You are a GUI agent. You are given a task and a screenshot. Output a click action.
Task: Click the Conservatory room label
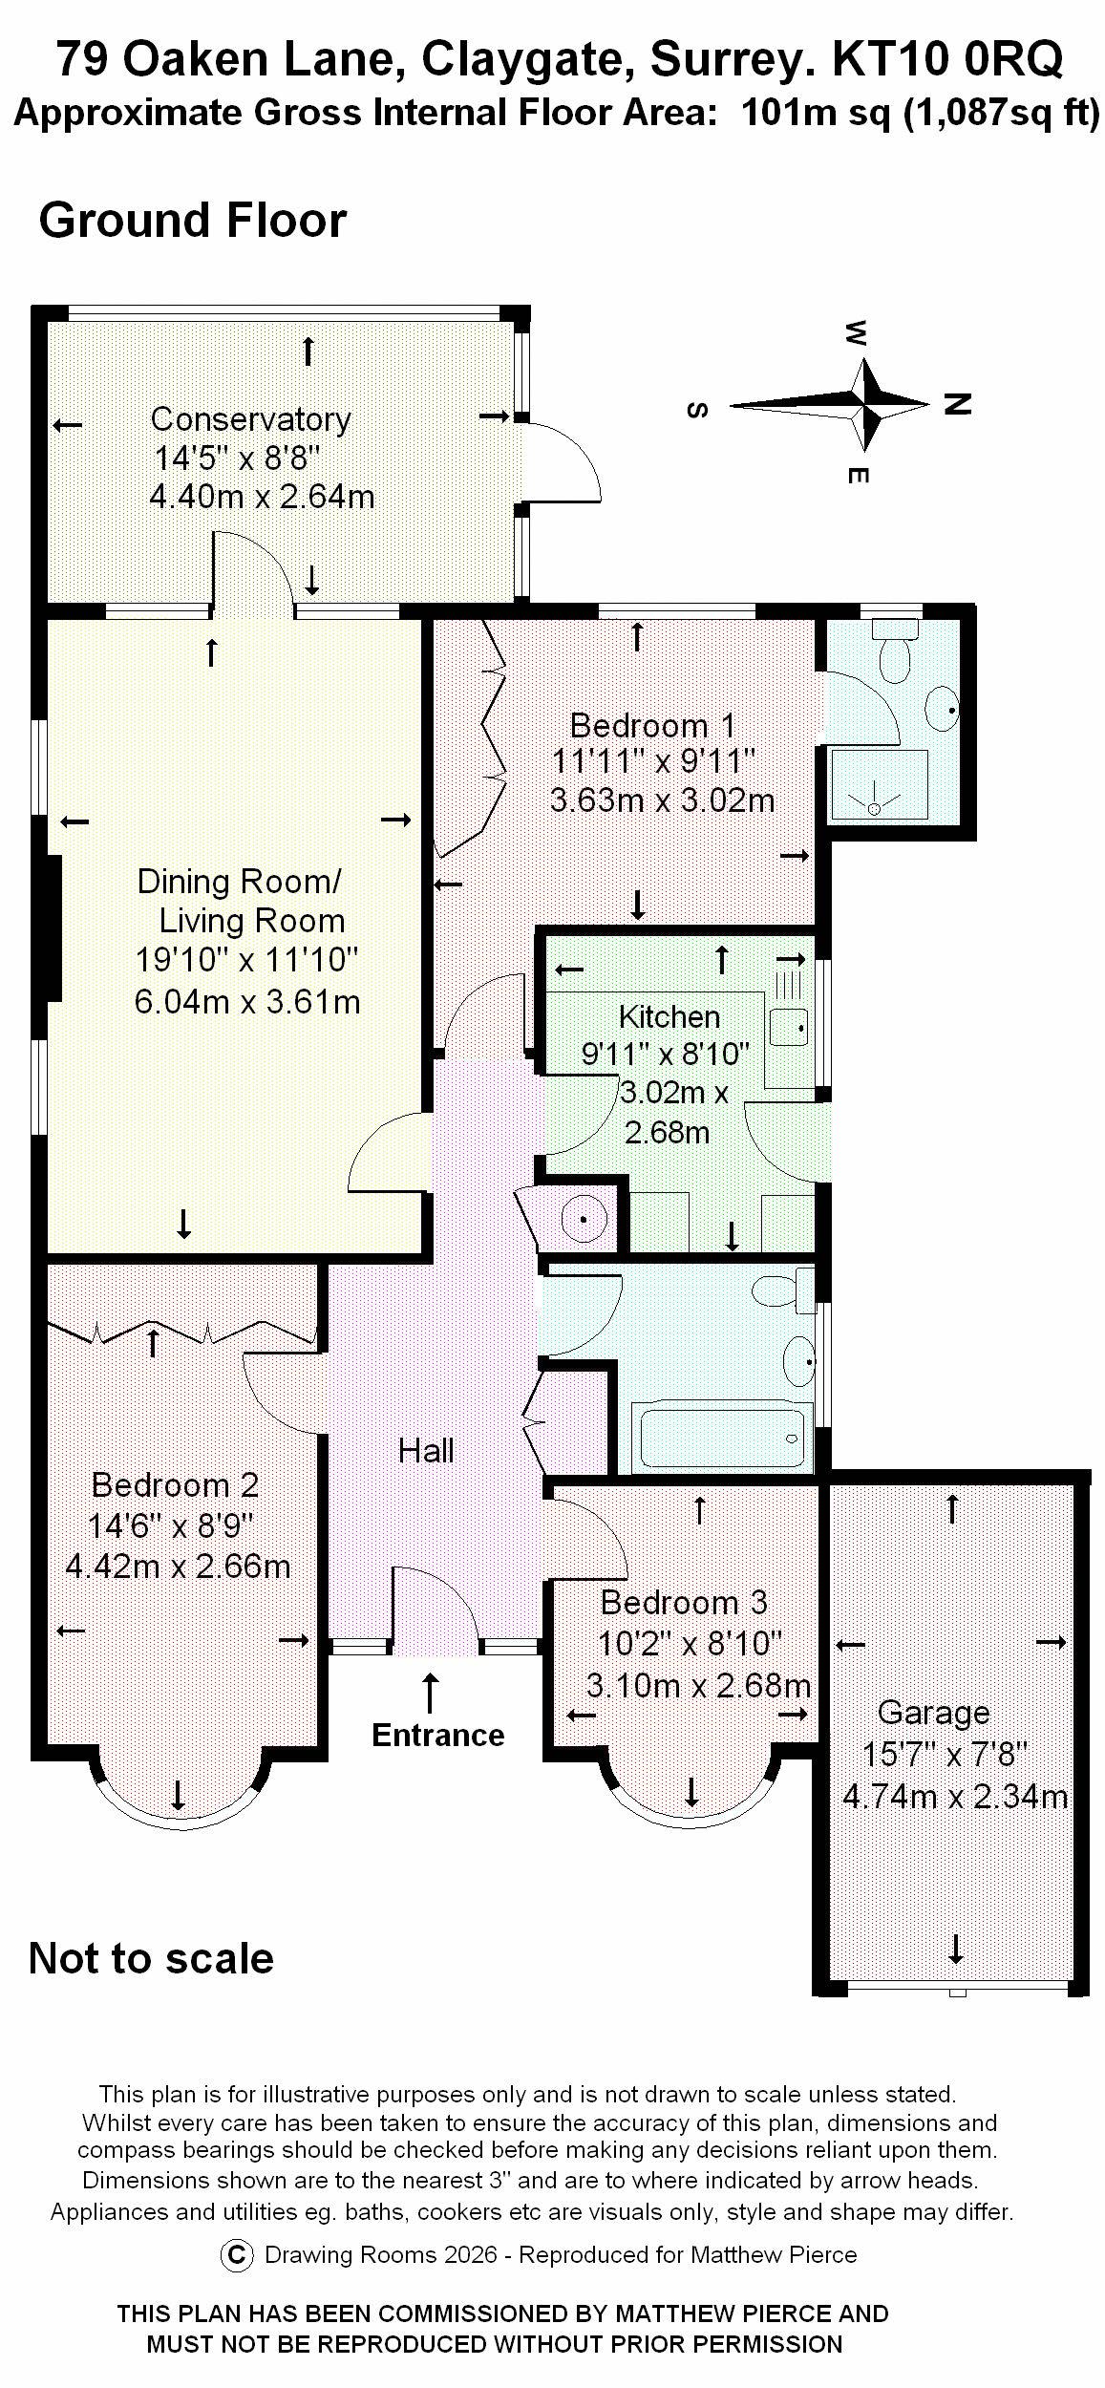point(250,418)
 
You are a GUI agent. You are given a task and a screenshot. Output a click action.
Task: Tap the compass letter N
point(957,403)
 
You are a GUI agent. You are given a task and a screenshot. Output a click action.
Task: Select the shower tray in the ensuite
point(879,785)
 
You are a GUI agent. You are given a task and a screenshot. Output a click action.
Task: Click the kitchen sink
point(789,1027)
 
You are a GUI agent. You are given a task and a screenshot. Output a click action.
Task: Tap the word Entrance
point(437,1735)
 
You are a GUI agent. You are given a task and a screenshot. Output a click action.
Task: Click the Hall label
point(426,1451)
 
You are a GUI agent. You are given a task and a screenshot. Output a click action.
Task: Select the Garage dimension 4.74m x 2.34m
point(954,1797)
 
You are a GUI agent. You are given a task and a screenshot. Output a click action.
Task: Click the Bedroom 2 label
point(175,1485)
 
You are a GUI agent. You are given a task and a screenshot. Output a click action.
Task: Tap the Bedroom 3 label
point(684,1602)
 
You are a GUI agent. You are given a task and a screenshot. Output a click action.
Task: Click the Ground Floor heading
point(192,221)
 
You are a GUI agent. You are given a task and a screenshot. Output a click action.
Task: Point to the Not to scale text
point(151,1958)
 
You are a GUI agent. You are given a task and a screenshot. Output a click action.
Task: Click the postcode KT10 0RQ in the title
point(947,59)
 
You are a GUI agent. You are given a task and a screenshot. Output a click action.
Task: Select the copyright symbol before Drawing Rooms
point(236,2255)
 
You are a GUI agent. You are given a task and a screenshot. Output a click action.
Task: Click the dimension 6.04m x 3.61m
point(246,1001)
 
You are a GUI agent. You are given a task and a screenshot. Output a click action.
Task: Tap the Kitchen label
point(669,1016)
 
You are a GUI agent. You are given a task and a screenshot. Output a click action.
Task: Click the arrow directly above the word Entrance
point(431,1692)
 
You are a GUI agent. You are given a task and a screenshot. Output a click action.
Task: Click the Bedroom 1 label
point(652,725)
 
